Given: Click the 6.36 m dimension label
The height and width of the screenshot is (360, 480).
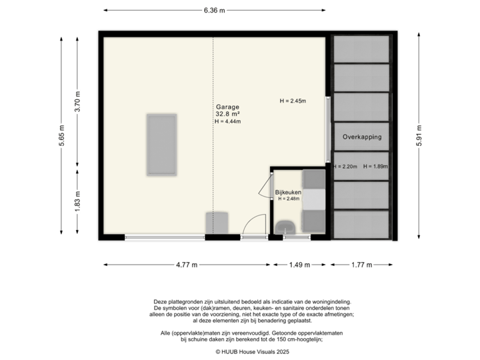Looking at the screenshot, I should (x=214, y=10).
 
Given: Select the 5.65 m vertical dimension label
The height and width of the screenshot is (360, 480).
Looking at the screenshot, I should (x=61, y=136).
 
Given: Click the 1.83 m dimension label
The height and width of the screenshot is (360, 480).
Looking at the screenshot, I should (x=77, y=201).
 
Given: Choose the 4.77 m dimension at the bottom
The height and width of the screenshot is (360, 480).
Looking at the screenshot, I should (x=187, y=265).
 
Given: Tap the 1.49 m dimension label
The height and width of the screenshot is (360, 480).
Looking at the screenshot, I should (x=299, y=265).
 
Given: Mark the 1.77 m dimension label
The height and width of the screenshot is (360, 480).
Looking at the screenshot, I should (x=361, y=265).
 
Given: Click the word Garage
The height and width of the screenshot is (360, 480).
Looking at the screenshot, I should (x=227, y=107).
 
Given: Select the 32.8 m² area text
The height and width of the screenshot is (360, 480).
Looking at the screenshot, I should (x=227, y=114).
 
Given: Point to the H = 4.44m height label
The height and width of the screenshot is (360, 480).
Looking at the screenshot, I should (x=227, y=122).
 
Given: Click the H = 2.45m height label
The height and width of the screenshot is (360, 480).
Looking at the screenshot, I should (x=292, y=101).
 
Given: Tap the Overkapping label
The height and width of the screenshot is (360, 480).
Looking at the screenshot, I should (x=362, y=137).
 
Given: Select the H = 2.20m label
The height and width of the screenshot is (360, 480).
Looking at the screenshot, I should (x=346, y=167).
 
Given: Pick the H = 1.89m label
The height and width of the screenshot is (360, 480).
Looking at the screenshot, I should (x=377, y=167).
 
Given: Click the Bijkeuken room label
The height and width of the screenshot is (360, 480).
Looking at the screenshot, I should (x=288, y=193).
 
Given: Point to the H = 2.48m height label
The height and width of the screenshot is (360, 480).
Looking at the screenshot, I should (x=289, y=199).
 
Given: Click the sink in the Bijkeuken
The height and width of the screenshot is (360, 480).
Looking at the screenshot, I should (x=287, y=227).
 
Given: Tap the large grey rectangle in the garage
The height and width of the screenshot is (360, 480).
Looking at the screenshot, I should (x=161, y=145).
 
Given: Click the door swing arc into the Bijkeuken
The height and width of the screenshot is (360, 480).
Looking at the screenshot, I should (x=264, y=190).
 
